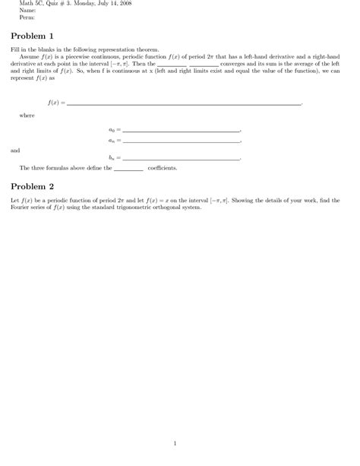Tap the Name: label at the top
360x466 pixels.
point(28,11)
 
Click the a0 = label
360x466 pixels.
point(114,131)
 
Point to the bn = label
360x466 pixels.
point(114,158)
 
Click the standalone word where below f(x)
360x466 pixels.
point(27,116)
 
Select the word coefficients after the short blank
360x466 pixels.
point(163,168)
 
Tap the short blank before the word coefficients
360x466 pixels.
point(128,170)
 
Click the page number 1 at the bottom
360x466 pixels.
point(175,443)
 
